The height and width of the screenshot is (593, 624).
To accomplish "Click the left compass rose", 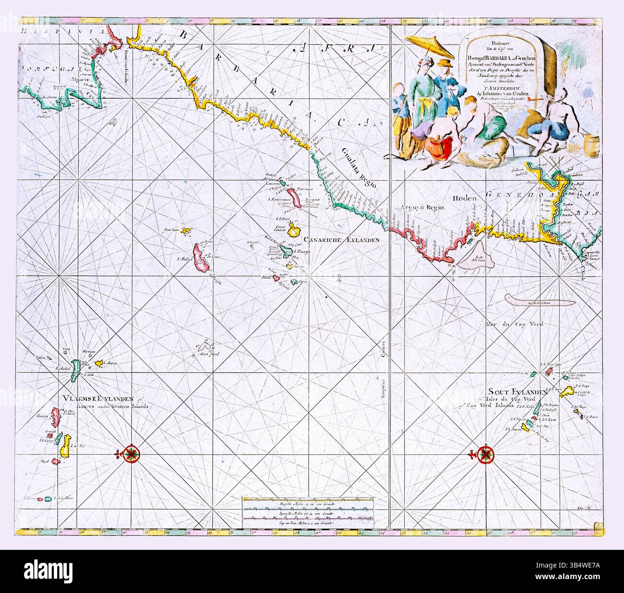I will pos(131,453).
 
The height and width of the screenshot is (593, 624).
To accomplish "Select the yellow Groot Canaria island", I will pos(295,231).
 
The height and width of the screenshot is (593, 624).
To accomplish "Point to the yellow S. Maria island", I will pos(100,364).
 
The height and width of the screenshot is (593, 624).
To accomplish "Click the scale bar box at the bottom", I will pos(307,514).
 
